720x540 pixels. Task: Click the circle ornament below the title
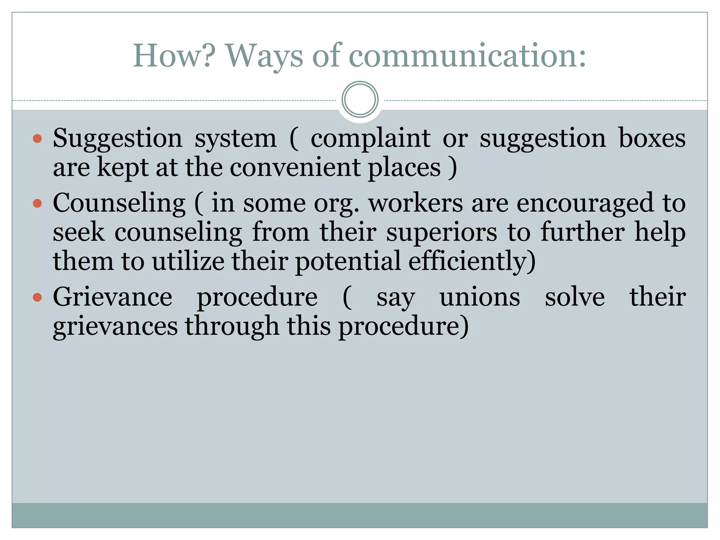[x=360, y=99]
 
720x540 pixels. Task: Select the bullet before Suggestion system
[x=37, y=139]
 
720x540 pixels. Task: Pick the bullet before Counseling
[x=37, y=203]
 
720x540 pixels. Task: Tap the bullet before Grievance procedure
[x=37, y=297]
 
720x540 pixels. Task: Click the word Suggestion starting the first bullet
[x=117, y=139]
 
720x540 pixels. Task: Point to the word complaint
[x=370, y=139]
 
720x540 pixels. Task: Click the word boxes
[x=652, y=138]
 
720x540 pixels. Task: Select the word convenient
[x=295, y=167]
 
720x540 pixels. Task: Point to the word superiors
[x=442, y=233]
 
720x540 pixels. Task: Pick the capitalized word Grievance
[x=112, y=297]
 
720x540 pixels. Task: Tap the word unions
[x=480, y=297]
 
